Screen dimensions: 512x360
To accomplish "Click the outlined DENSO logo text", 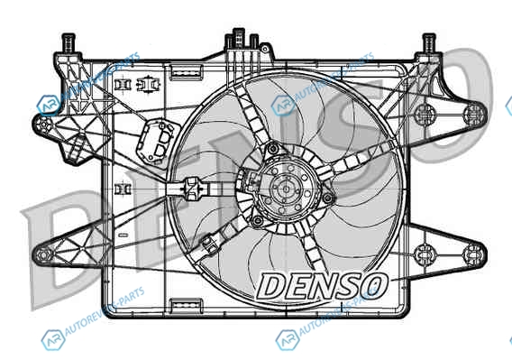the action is [x=323, y=286].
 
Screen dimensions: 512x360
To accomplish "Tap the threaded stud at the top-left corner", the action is [x=69, y=42].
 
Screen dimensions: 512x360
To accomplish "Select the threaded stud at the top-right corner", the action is [x=429, y=42].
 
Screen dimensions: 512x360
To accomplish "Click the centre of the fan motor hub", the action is [x=286, y=189].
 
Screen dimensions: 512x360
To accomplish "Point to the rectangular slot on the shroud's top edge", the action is [x=186, y=72].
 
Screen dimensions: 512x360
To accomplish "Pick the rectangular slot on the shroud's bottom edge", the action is [x=186, y=306].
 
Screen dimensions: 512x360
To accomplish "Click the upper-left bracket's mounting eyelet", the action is [x=44, y=125].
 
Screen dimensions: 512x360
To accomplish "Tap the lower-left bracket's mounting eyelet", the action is [x=44, y=254].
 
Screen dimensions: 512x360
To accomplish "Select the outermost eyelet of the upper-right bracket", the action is [x=473, y=115].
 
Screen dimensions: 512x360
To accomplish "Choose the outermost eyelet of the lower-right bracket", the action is [x=473, y=254].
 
